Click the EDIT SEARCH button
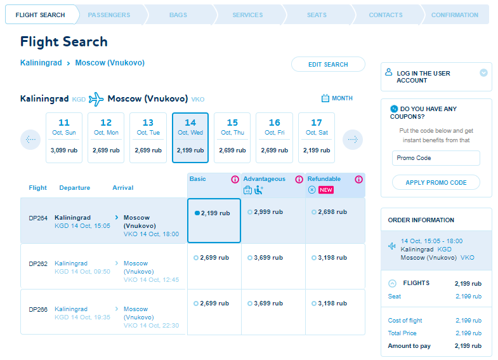328,64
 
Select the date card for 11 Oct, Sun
64,138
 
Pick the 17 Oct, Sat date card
317,138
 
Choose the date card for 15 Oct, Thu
232,138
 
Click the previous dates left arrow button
30,140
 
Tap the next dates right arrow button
353,140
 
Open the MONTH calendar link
337,98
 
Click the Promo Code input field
436,158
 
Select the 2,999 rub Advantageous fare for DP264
265,212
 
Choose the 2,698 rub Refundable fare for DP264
329,212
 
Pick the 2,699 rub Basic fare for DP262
211,258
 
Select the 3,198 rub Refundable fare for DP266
329,303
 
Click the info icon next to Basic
235,180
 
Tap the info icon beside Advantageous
299,180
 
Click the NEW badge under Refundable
326,190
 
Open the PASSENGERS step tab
109,15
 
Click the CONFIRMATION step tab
454,15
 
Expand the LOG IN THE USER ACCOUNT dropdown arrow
483,73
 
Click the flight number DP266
38,309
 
